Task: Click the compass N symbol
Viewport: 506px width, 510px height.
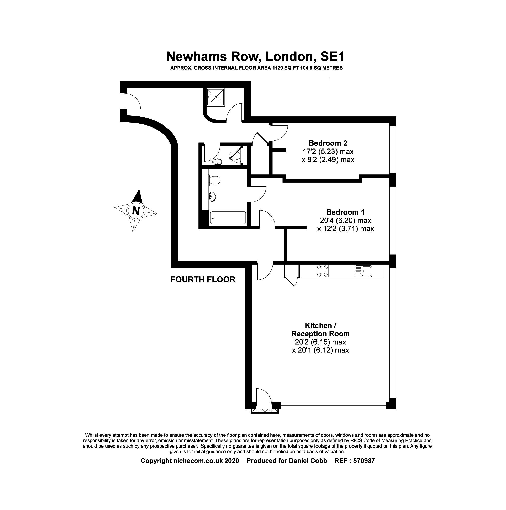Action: pyautogui.click(x=136, y=211)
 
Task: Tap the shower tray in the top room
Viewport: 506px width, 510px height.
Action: pyautogui.click(x=216, y=97)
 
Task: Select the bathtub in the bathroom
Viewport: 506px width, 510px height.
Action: pyautogui.click(x=228, y=218)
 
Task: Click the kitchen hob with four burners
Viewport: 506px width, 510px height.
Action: pyautogui.click(x=322, y=271)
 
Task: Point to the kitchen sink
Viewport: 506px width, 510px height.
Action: pyautogui.click(x=363, y=271)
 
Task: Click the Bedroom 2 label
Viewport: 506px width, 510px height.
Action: pyautogui.click(x=328, y=143)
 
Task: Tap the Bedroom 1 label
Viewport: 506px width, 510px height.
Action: pyautogui.click(x=345, y=212)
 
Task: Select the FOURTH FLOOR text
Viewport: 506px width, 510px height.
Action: pyautogui.click(x=203, y=280)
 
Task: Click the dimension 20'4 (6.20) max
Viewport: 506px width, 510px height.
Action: pyautogui.click(x=345, y=220)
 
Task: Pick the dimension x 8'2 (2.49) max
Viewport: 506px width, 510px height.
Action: pyautogui.click(x=328, y=160)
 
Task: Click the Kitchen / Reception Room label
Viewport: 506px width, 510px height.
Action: pyautogui.click(x=321, y=329)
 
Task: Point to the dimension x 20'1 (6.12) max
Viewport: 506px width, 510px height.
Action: pyautogui.click(x=321, y=350)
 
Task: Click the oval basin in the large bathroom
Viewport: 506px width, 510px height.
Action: pyautogui.click(x=213, y=197)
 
